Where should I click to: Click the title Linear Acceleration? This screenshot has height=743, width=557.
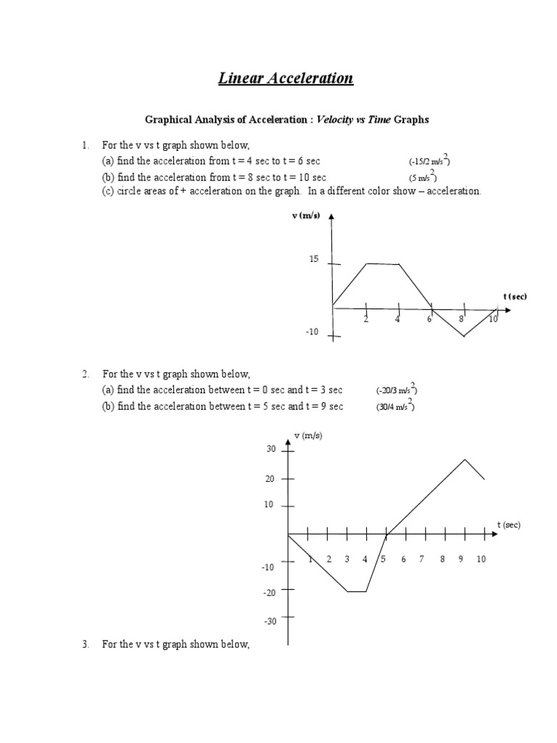(286, 78)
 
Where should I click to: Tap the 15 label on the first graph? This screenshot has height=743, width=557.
(314, 259)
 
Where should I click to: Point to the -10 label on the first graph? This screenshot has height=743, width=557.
(312, 332)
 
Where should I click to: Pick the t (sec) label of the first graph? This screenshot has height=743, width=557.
(515, 296)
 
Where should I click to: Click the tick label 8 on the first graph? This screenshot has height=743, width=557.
(461, 319)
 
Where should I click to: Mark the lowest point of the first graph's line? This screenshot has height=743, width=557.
(463, 337)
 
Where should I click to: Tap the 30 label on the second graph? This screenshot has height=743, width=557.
(271, 450)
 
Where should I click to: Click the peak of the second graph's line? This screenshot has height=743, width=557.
(464, 459)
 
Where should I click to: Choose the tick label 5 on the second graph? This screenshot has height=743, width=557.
(384, 559)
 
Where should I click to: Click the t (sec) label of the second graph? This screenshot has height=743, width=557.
(508, 525)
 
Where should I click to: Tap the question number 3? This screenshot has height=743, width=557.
(85, 644)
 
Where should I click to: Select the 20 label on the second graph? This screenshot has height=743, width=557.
(271, 479)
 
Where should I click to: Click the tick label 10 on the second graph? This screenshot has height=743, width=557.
(481, 559)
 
